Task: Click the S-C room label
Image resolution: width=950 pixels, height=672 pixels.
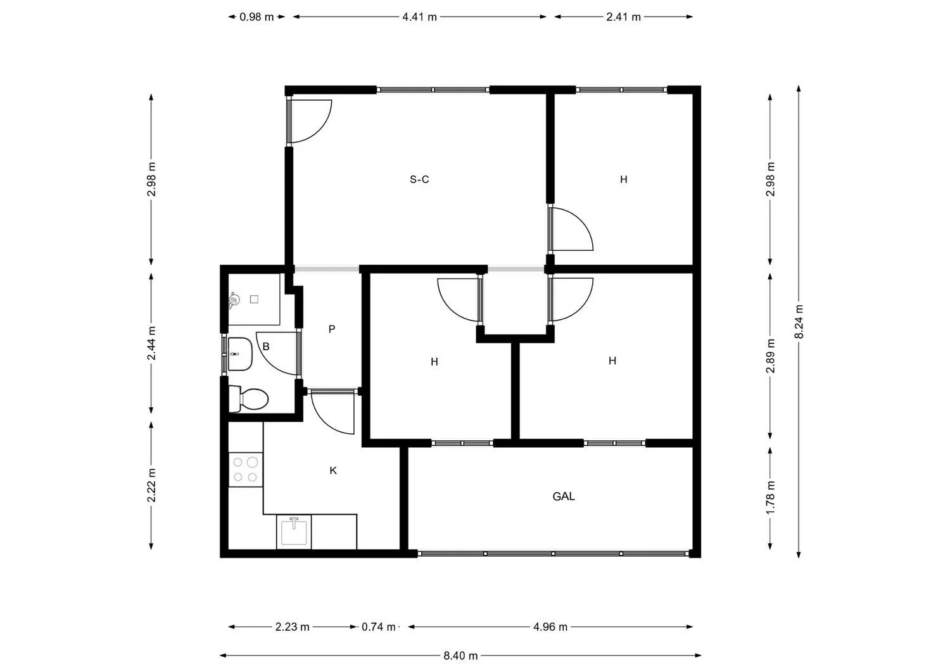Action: pyautogui.click(x=419, y=179)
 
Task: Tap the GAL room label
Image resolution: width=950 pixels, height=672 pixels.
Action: pyautogui.click(x=564, y=497)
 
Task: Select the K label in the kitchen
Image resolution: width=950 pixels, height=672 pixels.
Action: pyautogui.click(x=333, y=471)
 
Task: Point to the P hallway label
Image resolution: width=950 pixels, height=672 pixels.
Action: pyautogui.click(x=331, y=329)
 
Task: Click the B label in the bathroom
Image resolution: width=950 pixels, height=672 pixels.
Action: pyautogui.click(x=266, y=346)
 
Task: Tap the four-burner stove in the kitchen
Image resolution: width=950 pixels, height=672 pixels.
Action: pyautogui.click(x=245, y=469)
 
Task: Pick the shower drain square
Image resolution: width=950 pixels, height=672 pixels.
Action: pyautogui.click(x=255, y=299)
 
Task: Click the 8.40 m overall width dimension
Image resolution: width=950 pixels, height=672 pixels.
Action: pyautogui.click(x=460, y=656)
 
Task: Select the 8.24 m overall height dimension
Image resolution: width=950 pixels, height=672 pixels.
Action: pyautogui.click(x=799, y=322)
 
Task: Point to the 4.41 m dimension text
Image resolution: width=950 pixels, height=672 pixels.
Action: pyautogui.click(x=419, y=17)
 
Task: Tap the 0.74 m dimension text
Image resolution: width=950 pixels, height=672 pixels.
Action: pyautogui.click(x=379, y=627)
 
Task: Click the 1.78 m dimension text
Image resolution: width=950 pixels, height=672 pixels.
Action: pyautogui.click(x=770, y=498)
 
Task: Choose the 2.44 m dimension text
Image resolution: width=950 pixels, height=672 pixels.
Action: pyautogui.click(x=151, y=343)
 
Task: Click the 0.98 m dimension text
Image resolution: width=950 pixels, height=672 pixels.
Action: pyautogui.click(x=256, y=17)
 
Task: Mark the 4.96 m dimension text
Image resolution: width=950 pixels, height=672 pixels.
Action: pyautogui.click(x=550, y=627)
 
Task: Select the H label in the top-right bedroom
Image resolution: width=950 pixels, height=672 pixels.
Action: pyautogui.click(x=624, y=179)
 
